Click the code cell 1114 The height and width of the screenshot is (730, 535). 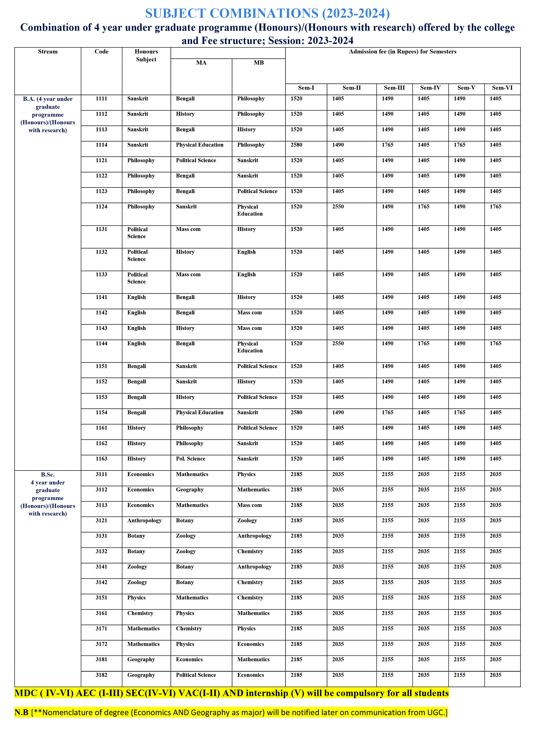[x=101, y=145]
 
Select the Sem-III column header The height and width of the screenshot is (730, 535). [x=394, y=88]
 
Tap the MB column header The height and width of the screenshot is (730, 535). [x=258, y=62]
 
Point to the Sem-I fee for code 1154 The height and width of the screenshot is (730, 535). [x=296, y=412]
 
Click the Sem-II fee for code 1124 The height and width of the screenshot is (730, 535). [x=338, y=207]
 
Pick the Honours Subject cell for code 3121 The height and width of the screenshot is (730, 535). [x=144, y=520]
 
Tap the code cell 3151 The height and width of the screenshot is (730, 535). [x=101, y=598]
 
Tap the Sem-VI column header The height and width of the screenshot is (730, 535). [x=502, y=88]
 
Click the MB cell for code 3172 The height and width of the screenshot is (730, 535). [x=250, y=644]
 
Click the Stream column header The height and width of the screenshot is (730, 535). [x=48, y=52]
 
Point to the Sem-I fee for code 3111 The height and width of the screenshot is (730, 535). [x=296, y=474]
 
